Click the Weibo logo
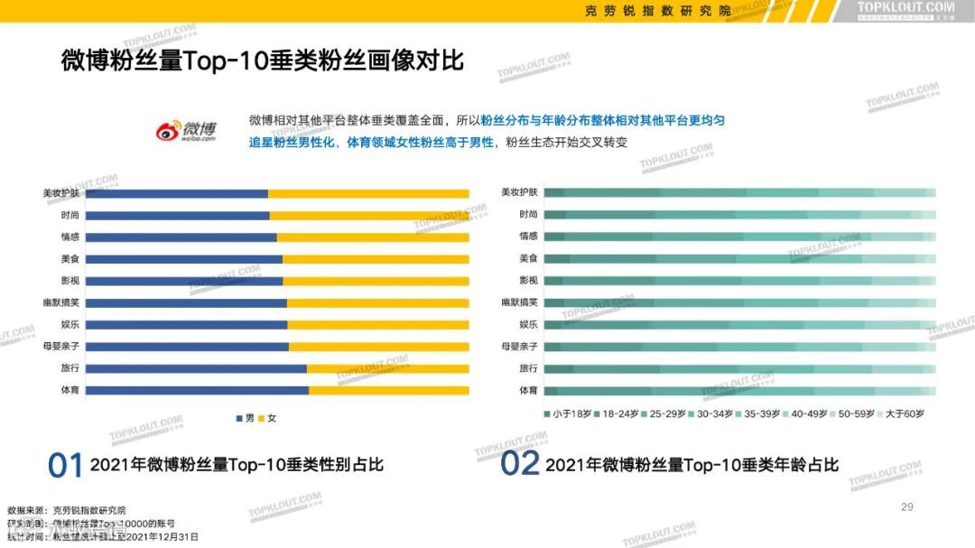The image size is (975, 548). click(x=185, y=130)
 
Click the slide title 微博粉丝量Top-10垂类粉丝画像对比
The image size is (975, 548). click(x=262, y=61)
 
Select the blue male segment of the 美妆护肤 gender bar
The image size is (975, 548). click(x=177, y=193)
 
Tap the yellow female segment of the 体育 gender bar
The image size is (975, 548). click(x=388, y=390)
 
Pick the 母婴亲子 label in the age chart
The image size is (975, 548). click(x=519, y=347)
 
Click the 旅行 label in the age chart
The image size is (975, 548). click(x=528, y=368)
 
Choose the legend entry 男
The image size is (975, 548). click(x=245, y=419)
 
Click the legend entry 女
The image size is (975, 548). click(x=266, y=419)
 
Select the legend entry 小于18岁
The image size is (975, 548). click(x=568, y=413)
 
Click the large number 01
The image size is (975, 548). click(x=65, y=465)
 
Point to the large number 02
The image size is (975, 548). click(x=520, y=464)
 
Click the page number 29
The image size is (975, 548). click(x=907, y=507)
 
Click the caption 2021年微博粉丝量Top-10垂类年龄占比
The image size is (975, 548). click(x=692, y=465)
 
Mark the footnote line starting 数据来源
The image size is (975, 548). click(x=67, y=510)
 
